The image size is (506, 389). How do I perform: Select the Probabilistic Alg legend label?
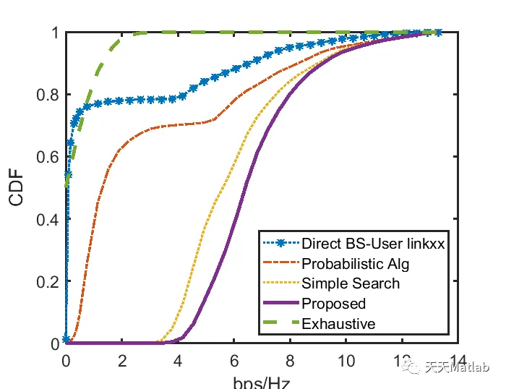click(349, 263)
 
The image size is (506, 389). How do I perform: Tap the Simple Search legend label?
click(340, 283)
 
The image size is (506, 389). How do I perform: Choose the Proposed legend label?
click(334, 304)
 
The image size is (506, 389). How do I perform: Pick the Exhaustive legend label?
click(338, 324)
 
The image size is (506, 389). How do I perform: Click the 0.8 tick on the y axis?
click(48, 95)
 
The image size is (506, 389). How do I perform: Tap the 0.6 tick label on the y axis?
click(48, 157)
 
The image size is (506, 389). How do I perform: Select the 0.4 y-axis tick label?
click(48, 219)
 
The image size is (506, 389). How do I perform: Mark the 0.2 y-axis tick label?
click(48, 281)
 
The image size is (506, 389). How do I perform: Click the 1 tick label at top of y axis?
click(55, 33)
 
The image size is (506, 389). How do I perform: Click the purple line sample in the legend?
click(280, 304)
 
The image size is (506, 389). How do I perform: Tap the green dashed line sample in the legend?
click(280, 324)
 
